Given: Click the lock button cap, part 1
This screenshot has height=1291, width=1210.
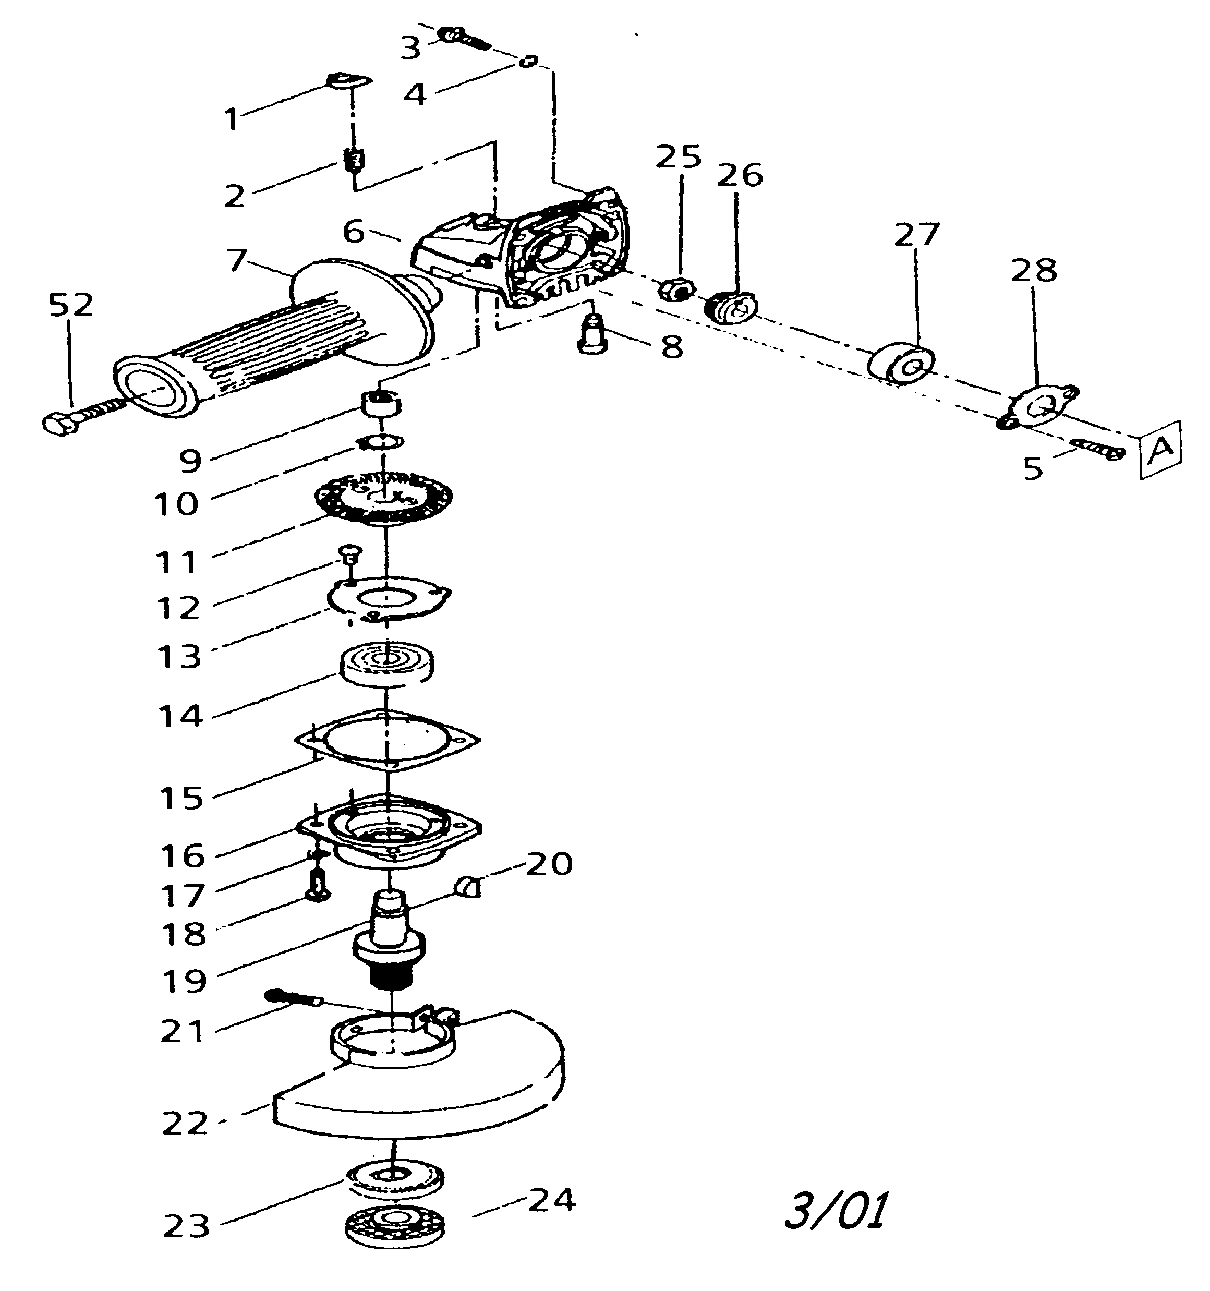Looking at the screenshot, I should point(347,80).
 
